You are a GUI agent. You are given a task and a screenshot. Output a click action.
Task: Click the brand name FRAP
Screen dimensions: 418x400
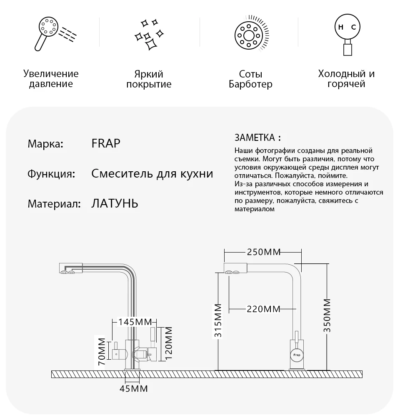click(105, 144)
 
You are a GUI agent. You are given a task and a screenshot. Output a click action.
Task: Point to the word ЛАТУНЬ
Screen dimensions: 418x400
click(114, 204)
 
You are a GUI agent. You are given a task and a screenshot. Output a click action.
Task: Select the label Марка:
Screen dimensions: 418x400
click(45, 144)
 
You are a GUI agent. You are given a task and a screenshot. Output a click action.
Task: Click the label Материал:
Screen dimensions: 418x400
click(54, 204)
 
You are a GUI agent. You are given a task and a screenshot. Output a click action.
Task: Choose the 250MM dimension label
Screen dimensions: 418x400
click(263, 252)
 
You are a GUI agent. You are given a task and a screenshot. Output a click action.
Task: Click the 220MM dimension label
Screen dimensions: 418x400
click(263, 309)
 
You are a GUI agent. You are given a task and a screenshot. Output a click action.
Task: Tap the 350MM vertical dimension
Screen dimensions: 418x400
click(327, 315)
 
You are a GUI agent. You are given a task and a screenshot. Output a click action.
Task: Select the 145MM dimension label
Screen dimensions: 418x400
click(134, 322)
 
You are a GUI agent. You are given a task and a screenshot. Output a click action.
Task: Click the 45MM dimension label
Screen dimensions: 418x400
click(134, 389)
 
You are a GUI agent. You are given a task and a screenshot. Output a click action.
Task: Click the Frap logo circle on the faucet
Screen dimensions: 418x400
click(297, 354)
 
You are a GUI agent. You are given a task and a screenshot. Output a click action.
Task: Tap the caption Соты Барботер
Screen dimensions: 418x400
click(250, 79)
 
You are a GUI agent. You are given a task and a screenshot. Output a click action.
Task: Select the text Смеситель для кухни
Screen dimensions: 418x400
click(152, 174)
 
